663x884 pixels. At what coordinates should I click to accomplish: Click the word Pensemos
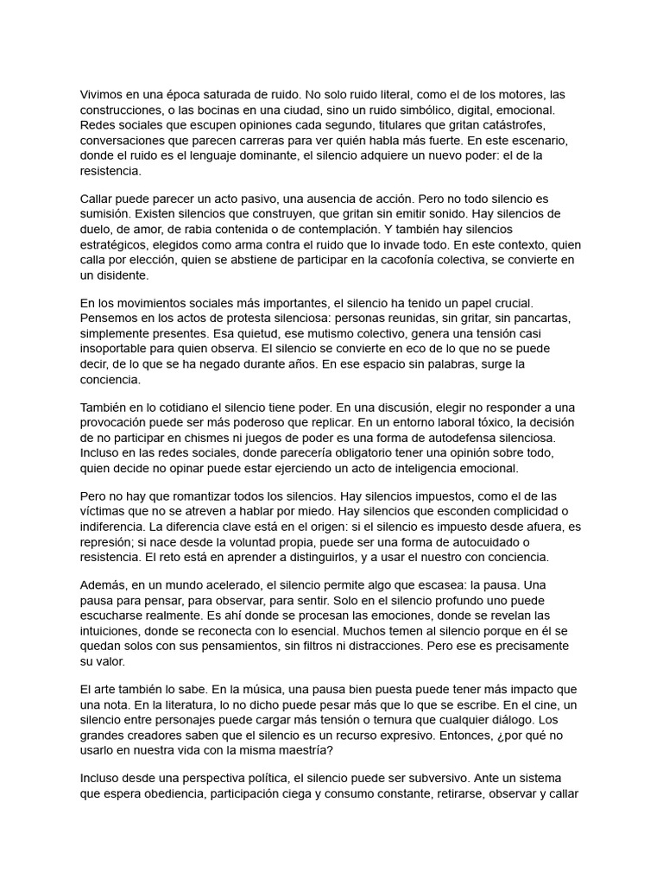pyautogui.click(x=110, y=318)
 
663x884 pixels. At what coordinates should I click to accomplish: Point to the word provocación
pyautogui.click(x=119, y=422)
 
